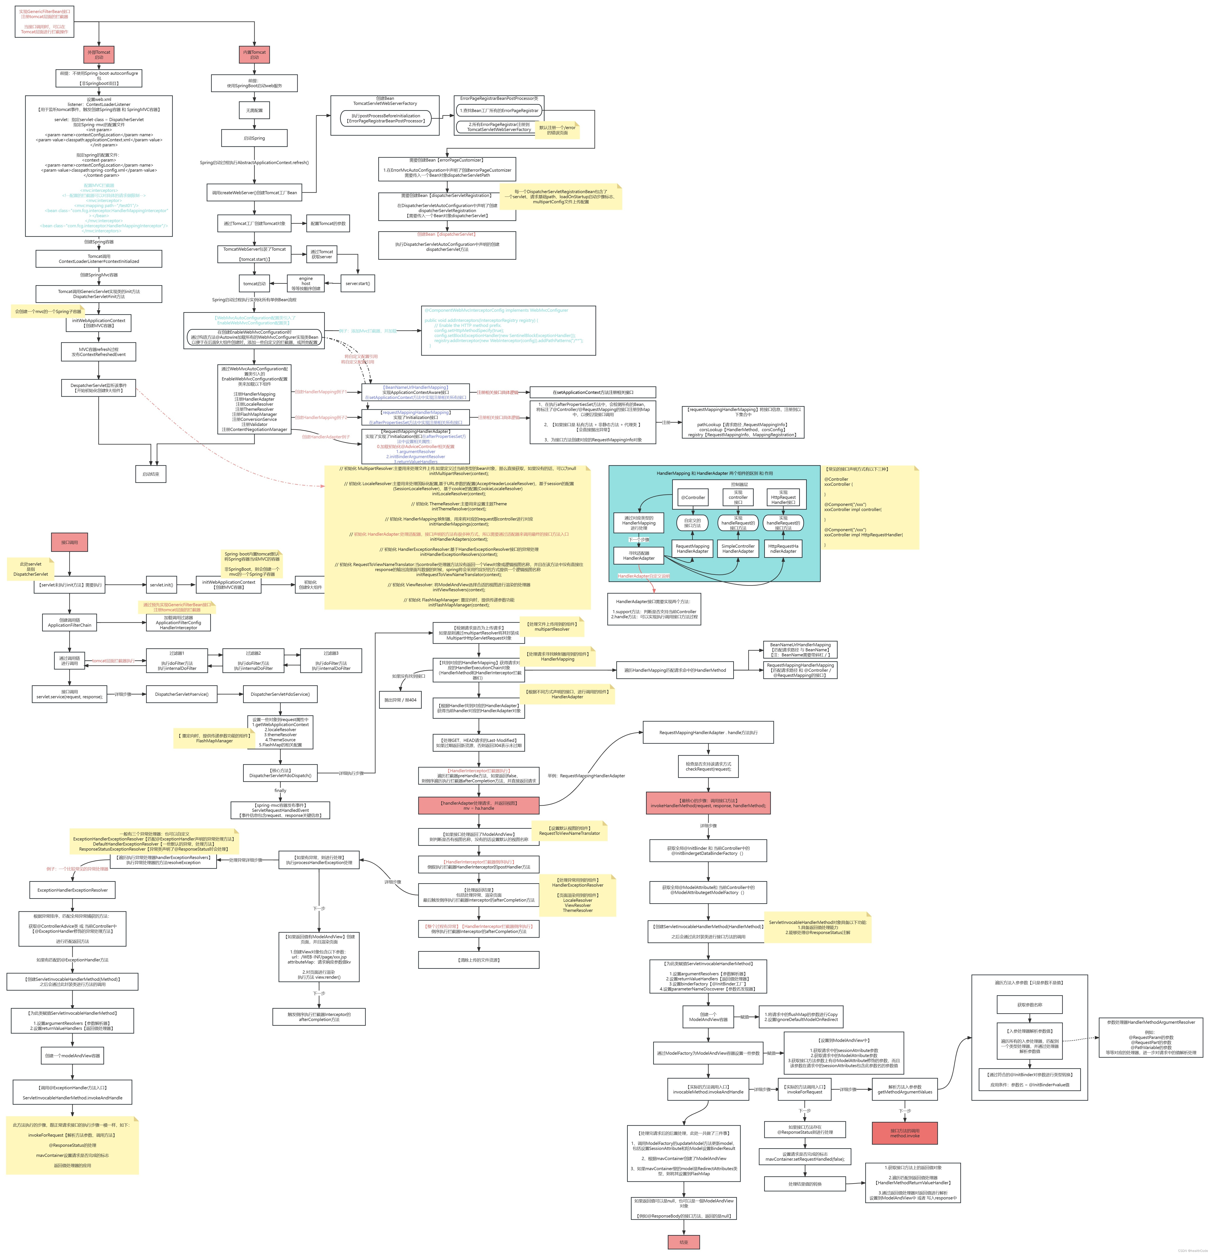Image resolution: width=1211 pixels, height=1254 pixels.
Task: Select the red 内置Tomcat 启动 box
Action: [254, 54]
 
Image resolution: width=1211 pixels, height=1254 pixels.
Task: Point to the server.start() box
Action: [358, 283]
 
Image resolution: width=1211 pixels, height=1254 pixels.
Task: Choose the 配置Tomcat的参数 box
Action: [328, 223]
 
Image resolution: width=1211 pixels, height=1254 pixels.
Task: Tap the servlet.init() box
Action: [161, 585]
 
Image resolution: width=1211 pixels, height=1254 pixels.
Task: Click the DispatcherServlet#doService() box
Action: [280, 694]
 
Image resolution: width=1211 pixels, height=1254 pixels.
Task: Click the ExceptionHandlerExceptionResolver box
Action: [72, 890]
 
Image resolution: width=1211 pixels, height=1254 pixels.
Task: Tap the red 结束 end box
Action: [684, 1242]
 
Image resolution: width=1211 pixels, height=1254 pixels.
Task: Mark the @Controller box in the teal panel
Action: [693, 497]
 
